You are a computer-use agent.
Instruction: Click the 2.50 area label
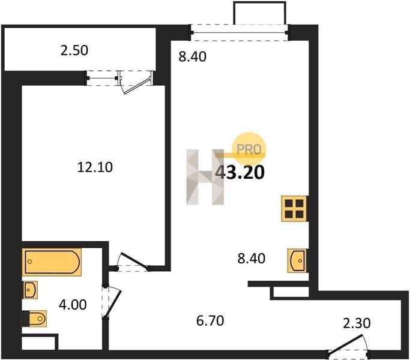click(x=74, y=50)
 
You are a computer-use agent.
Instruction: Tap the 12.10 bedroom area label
click(x=95, y=167)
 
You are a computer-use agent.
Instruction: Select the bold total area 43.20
click(x=240, y=173)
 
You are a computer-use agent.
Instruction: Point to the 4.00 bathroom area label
click(x=73, y=305)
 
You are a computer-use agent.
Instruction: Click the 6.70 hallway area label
click(x=210, y=321)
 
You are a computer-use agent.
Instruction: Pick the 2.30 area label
click(x=357, y=323)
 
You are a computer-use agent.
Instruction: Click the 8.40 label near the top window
click(x=193, y=57)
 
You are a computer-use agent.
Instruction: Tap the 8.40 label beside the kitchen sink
click(x=252, y=259)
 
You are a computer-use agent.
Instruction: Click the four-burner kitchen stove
click(x=294, y=209)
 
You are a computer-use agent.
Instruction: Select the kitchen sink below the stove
click(x=297, y=260)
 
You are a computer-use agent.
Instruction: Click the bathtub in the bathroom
click(x=52, y=262)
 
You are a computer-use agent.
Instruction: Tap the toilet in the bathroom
click(x=37, y=319)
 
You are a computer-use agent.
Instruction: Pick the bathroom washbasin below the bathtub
click(x=30, y=290)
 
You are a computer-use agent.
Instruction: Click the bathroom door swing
click(x=112, y=302)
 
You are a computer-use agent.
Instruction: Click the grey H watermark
click(x=205, y=177)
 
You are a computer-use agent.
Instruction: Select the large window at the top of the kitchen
click(x=240, y=32)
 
